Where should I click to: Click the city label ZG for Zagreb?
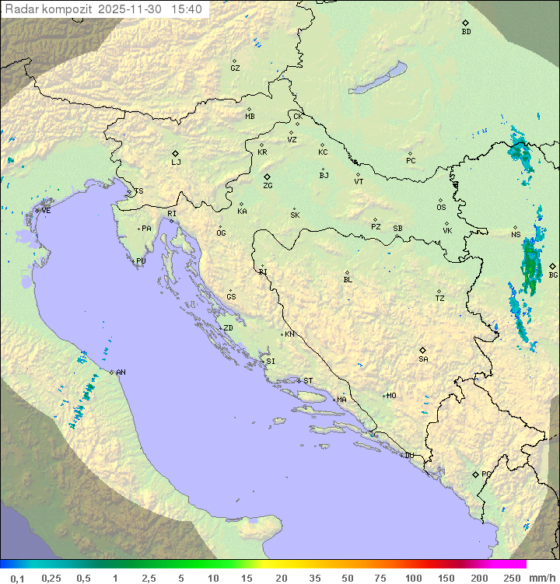click(268, 186)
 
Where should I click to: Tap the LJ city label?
click(176, 163)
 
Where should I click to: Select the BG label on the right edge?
click(553, 275)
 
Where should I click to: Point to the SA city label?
click(423, 359)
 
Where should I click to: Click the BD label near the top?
click(466, 32)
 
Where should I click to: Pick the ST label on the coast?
click(308, 381)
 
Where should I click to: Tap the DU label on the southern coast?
click(408, 456)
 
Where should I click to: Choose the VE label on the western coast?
click(46, 211)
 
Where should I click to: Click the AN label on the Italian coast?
click(121, 372)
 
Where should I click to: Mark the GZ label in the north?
click(235, 68)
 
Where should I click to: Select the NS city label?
click(516, 235)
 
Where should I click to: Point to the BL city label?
click(348, 280)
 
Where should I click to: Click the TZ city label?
click(440, 299)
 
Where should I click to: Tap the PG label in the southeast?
click(486, 474)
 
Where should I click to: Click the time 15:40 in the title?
click(187, 9)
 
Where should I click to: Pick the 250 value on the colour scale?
click(511, 578)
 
